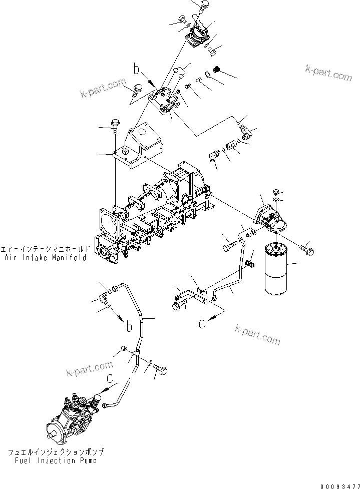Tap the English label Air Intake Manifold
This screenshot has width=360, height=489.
tap(46, 258)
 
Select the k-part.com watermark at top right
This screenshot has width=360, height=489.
tap(328, 73)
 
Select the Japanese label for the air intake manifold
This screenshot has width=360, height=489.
tap(46, 249)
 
